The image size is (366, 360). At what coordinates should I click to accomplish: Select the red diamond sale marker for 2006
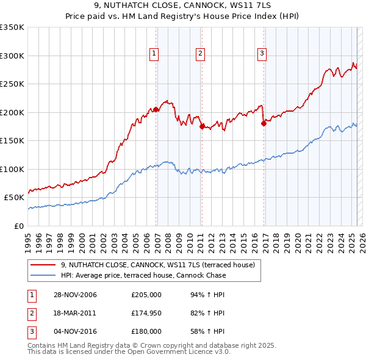pos(156,110)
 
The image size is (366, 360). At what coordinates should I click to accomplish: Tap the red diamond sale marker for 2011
pos(202,126)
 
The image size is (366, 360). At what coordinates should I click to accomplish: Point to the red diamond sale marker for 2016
pos(264,123)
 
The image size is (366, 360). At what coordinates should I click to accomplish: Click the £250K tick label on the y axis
pos(12,84)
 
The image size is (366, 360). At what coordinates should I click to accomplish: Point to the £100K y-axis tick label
pos(12,169)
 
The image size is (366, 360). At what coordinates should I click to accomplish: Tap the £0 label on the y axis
pos(19,226)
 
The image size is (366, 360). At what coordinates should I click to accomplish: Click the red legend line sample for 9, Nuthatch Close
pos(43,265)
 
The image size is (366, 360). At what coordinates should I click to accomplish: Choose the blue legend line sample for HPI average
pos(43,275)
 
